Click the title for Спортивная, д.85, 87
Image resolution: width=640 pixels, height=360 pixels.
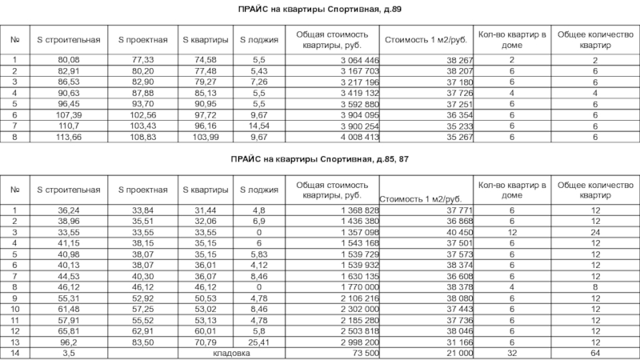pyautogui.click(x=318, y=160)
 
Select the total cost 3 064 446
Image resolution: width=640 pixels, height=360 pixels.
pyautogui.click(x=356, y=60)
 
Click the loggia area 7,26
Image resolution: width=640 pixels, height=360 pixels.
pyautogui.click(x=258, y=82)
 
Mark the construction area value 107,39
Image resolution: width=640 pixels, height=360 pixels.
pyautogui.click(x=68, y=115)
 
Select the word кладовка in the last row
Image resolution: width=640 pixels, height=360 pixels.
pyautogui.click(x=226, y=352)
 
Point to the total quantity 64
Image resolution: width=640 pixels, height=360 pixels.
pyautogui.click(x=594, y=352)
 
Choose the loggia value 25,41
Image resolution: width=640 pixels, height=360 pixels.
pyautogui.click(x=258, y=341)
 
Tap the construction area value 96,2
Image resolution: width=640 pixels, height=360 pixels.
pyautogui.click(x=68, y=341)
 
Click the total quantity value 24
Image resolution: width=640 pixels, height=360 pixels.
pyautogui.click(x=594, y=232)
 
